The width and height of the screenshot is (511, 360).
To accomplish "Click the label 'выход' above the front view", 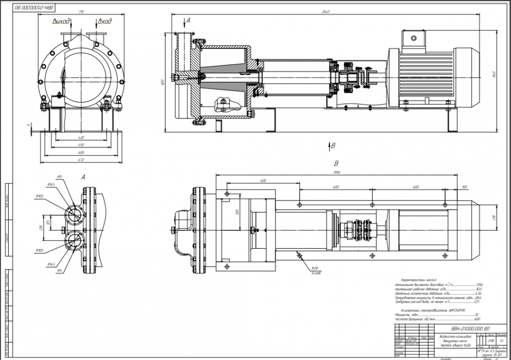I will pyautogui.click(x=61, y=21).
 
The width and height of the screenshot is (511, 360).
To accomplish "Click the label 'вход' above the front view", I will pyautogui.click(x=104, y=21).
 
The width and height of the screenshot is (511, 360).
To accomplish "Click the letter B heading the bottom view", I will pyautogui.click(x=336, y=164).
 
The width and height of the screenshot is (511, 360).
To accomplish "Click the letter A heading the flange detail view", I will pyautogui.click(x=83, y=176).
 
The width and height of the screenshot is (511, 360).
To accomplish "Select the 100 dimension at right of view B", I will pyautogui.click(x=463, y=187).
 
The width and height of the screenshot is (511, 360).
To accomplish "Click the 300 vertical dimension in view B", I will pyautogui.click(x=237, y=211).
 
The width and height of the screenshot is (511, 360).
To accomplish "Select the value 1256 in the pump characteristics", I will pyautogui.click(x=479, y=284).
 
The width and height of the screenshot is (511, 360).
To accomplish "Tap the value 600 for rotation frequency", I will pyautogui.click(x=477, y=319).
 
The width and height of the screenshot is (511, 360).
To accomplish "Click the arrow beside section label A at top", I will pyautogui.click(x=185, y=23).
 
